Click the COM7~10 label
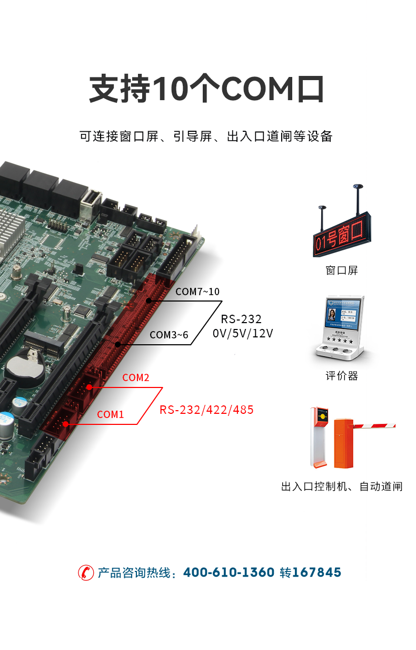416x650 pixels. (x=197, y=292)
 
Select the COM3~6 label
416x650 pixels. (x=169, y=335)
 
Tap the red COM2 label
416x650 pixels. (x=136, y=377)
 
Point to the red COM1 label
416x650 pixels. (x=111, y=414)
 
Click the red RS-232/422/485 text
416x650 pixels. (x=206, y=410)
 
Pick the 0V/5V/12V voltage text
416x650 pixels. (x=243, y=333)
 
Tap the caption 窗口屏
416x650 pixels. (x=342, y=270)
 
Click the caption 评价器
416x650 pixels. (x=342, y=376)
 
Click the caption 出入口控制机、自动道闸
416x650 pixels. (x=342, y=486)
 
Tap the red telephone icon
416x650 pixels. (x=86, y=573)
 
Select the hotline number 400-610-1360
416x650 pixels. (x=229, y=573)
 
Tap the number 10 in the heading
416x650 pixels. (x=170, y=88)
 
